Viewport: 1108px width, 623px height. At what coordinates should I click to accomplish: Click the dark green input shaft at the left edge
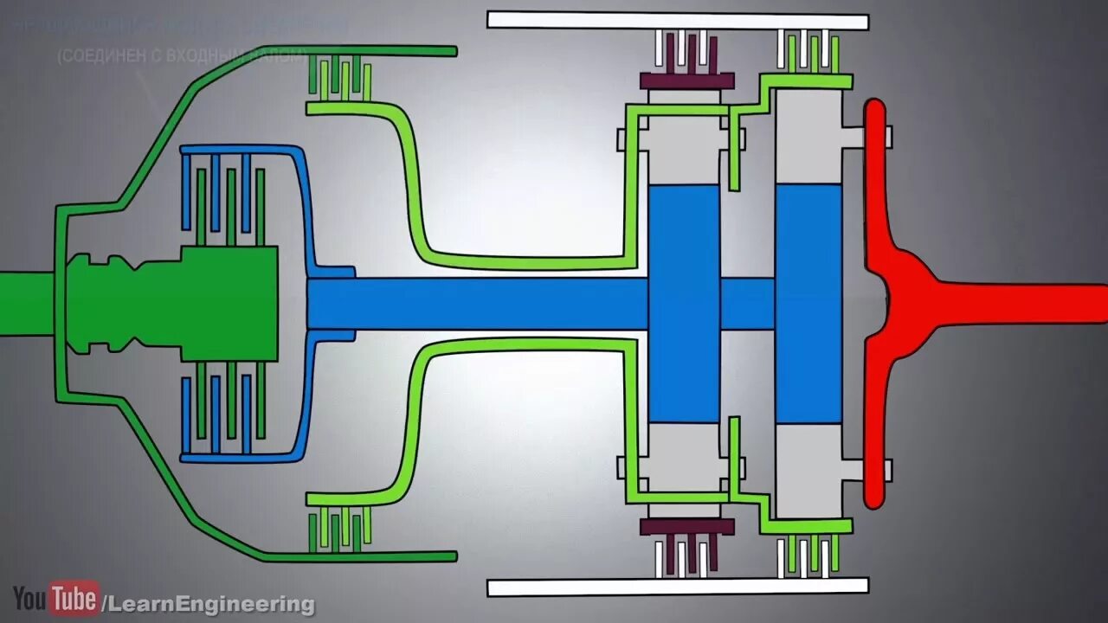[26, 299]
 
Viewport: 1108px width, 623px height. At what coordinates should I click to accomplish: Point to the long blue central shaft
[476, 303]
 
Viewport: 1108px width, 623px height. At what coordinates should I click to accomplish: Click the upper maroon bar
[686, 80]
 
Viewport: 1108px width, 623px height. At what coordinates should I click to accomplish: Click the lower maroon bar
[686, 526]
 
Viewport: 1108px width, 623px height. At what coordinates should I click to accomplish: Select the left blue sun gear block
[684, 303]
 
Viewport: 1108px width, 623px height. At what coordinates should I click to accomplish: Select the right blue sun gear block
[808, 303]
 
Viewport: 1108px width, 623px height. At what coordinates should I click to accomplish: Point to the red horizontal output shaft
[1021, 303]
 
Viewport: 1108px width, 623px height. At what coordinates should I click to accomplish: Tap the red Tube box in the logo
[74, 599]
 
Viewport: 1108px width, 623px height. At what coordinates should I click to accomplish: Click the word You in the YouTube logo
[29, 599]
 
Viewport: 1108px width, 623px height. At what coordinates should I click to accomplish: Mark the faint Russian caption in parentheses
[182, 55]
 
